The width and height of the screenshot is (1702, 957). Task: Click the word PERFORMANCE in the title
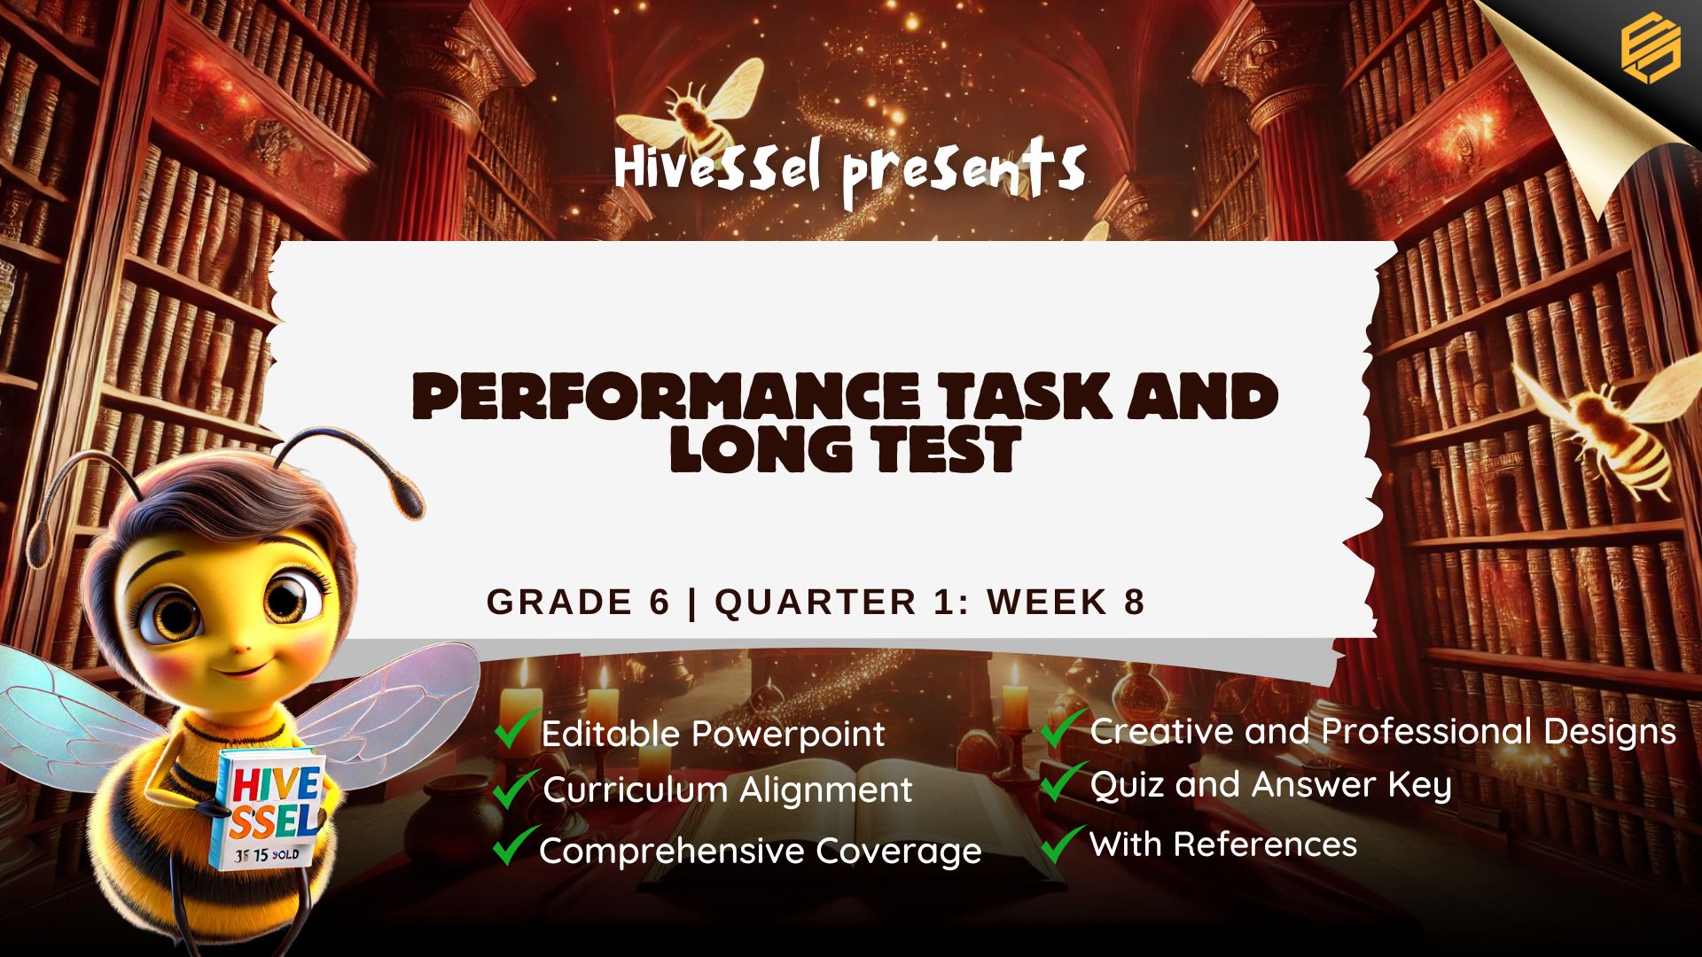pos(667,396)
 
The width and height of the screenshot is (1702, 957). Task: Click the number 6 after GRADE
pos(659,602)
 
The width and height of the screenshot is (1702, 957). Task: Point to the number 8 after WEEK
pos(1134,602)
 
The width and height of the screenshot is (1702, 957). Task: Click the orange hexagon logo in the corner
pos(1650,49)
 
